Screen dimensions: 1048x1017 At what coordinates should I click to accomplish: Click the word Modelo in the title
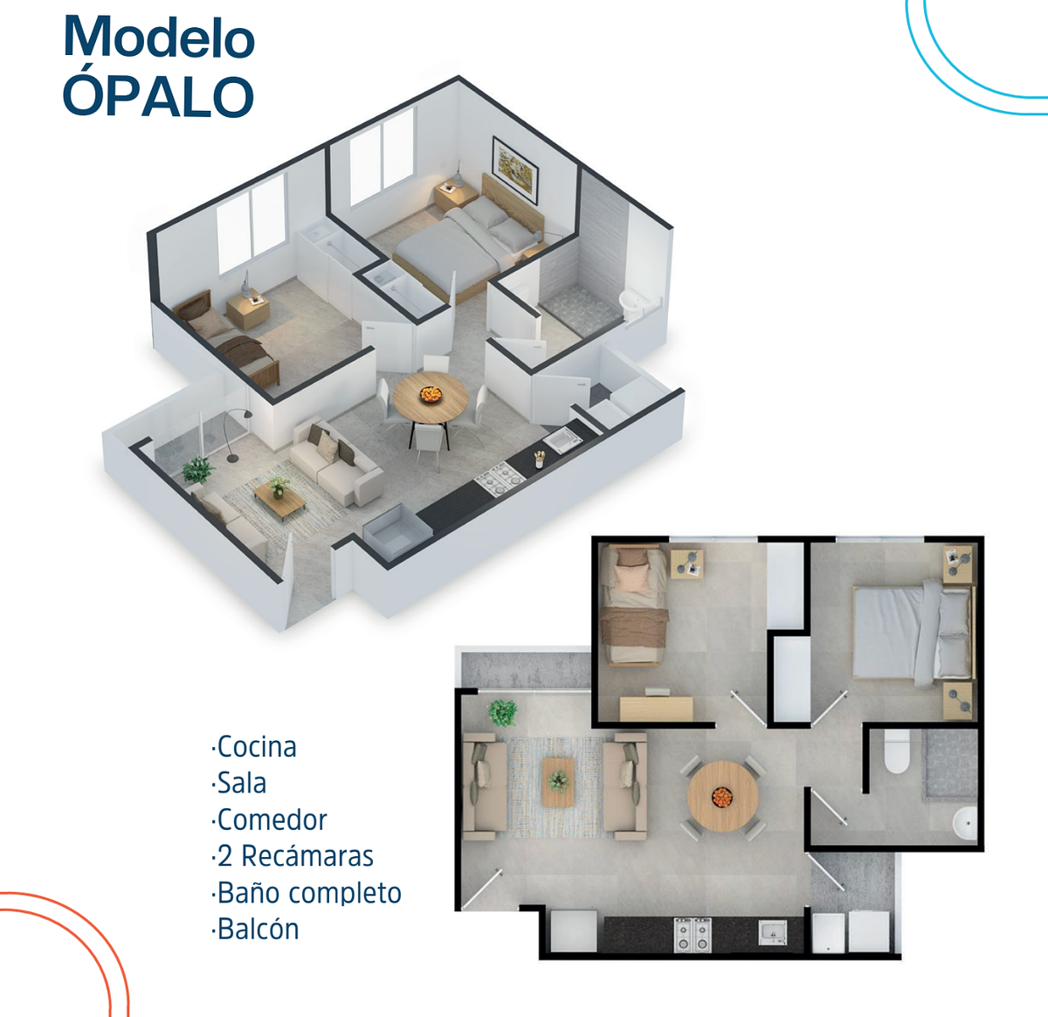pos(159,37)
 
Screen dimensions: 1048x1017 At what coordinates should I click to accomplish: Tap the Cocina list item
pos(254,748)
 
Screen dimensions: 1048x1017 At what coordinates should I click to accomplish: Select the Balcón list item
pos(255,929)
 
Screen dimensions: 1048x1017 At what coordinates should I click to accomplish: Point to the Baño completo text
pos(307,893)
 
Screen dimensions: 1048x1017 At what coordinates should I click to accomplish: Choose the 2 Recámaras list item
pos(293,856)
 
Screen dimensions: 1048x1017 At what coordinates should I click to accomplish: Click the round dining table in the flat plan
pos(723,797)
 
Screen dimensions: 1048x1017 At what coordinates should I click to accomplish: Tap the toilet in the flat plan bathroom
pos(897,751)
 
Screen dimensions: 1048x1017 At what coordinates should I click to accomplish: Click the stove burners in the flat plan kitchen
pos(693,935)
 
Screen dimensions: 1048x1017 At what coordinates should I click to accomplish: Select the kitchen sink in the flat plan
pos(773,932)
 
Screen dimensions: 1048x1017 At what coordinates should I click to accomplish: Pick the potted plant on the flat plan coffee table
pos(558,779)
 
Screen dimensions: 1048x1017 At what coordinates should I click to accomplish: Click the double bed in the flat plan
pos(914,633)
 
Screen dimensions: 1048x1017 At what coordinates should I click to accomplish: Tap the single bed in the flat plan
pos(634,605)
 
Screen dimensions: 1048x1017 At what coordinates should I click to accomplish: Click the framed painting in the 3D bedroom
pos(515,170)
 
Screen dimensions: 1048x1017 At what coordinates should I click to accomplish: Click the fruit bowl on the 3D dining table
pos(431,394)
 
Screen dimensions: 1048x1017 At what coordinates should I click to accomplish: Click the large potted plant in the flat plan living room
pos(502,713)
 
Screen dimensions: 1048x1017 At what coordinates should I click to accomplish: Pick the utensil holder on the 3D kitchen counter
pos(539,459)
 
